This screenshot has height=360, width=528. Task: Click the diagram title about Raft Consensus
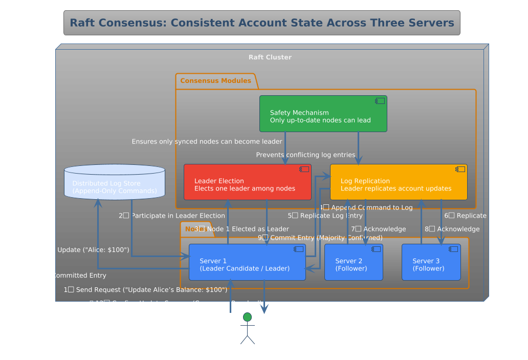(261, 23)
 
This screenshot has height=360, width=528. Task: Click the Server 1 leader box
(247, 262)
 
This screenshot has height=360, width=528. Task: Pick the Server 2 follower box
(354, 262)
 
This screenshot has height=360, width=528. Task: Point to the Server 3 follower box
(431, 262)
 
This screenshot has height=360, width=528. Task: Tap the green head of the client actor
(248, 316)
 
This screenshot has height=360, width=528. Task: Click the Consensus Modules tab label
(215, 81)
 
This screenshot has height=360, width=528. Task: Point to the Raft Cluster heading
(270, 57)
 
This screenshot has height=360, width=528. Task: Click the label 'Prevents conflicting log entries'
(305, 155)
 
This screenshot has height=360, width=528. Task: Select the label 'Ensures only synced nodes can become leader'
(207, 141)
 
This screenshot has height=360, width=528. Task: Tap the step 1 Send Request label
(145, 290)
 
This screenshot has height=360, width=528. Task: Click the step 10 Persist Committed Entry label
(59, 276)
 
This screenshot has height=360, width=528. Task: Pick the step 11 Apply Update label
(75, 250)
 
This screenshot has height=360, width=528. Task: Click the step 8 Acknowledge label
(452, 229)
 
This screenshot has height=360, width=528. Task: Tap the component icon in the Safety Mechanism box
(380, 101)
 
